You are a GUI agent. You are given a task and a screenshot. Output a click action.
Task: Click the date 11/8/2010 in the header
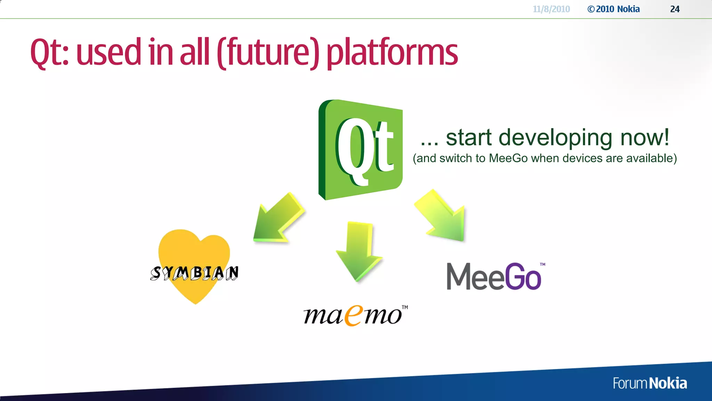[551, 9]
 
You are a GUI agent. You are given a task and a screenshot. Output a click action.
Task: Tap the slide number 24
[674, 9]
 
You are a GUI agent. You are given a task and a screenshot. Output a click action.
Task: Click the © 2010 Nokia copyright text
[614, 9]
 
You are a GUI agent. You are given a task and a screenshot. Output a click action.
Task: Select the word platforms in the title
[392, 53]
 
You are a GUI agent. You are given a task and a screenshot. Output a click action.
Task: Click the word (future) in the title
[268, 53]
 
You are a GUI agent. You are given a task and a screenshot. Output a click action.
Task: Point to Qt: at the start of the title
[49, 53]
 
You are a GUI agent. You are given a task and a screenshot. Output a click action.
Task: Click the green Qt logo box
[361, 150]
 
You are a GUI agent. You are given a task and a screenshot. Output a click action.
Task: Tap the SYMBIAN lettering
[195, 273]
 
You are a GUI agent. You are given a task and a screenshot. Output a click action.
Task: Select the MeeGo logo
[494, 277]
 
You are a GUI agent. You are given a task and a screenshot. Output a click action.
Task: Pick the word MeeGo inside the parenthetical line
[508, 158]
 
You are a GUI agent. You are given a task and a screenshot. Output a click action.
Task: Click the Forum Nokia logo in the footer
[649, 383]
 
